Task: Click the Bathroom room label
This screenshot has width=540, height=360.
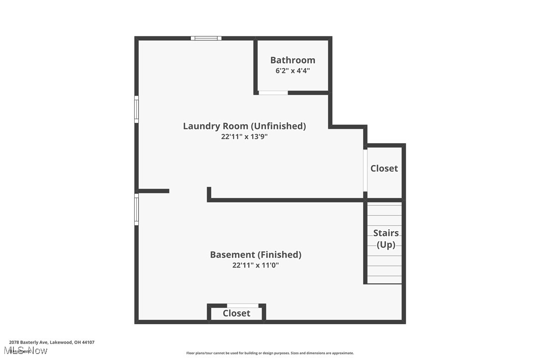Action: tap(292, 60)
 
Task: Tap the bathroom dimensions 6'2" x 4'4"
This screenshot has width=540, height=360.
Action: tap(292, 71)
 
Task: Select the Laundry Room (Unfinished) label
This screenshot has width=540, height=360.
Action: tap(244, 126)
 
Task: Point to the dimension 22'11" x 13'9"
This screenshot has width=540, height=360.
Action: tap(244, 136)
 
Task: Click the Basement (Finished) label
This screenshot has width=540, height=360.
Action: tap(256, 255)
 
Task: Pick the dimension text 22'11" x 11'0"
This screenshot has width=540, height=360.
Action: tap(256, 265)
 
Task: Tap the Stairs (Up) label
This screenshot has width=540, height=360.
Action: tap(386, 239)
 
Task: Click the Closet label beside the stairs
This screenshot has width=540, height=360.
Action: tap(384, 169)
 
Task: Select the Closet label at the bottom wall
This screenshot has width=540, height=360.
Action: tap(236, 313)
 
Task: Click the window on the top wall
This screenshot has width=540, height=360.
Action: tap(206, 38)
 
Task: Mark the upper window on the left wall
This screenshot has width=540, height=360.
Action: tap(136, 109)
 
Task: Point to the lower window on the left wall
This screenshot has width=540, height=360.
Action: tap(136, 209)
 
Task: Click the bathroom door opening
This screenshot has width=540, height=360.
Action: tap(273, 92)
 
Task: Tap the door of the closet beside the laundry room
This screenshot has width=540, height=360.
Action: tap(365, 171)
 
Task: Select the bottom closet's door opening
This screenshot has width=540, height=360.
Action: tap(242, 305)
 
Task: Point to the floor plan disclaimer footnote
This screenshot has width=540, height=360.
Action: tap(270, 353)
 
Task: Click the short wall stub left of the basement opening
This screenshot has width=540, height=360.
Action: tap(153, 191)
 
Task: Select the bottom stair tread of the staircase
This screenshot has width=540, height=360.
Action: tap(384, 280)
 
